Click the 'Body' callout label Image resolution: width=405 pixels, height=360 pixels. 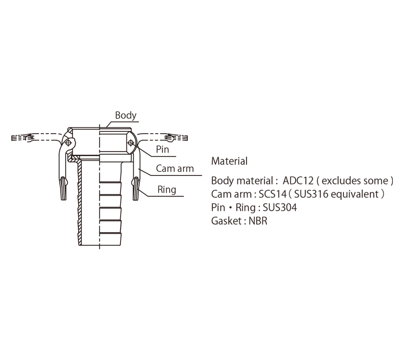pyautogui.click(x=126, y=115)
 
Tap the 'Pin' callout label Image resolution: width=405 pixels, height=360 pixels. pyautogui.click(x=162, y=149)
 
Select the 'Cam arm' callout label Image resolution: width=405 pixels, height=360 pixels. pyautogui.click(x=175, y=168)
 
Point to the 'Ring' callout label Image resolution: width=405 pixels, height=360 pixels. pyautogui.click(x=167, y=190)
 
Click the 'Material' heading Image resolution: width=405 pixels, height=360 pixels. pyautogui.click(x=229, y=161)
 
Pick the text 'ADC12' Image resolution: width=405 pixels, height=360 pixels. pyautogui.click(x=298, y=180)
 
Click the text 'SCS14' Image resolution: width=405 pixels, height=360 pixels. pyautogui.click(x=273, y=194)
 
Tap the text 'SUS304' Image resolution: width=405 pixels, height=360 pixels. pyautogui.click(x=280, y=207)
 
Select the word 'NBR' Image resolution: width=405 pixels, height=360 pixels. pyautogui.click(x=258, y=221)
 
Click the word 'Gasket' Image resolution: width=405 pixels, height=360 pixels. pyautogui.click(x=226, y=221)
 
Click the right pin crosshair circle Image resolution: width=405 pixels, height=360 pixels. pyautogui.click(x=131, y=143)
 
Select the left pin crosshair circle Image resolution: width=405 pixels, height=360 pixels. pyautogui.click(x=68, y=143)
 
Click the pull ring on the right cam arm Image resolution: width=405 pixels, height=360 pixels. pyautogui.click(x=136, y=189)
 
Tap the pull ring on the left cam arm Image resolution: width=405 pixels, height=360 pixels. pyautogui.click(x=63, y=189)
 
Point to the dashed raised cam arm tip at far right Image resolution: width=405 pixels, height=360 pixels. pyautogui.click(x=177, y=138)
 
